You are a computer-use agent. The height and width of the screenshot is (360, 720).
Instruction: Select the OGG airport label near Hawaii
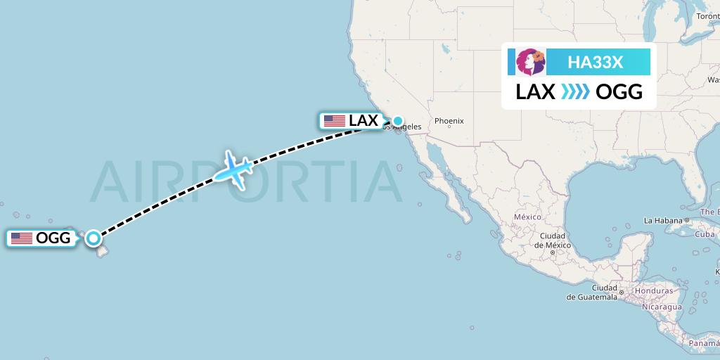point(41,238)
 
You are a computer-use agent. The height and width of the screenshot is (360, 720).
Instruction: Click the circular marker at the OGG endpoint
point(93,238)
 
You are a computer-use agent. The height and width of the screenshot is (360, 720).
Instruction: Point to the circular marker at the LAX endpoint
point(398,121)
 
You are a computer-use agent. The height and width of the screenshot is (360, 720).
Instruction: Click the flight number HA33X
point(595,63)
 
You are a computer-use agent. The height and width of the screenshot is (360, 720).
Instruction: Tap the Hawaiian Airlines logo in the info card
point(531,62)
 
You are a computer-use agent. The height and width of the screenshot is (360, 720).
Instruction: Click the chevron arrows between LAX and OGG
point(575,92)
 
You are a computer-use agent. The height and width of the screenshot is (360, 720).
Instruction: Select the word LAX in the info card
point(535,92)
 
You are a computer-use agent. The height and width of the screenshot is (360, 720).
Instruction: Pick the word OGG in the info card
point(619,92)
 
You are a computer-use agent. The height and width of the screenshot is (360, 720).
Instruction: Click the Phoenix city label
point(449,121)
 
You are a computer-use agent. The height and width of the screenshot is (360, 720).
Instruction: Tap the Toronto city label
point(707,16)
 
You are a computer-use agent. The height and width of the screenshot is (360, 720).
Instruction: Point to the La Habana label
point(663,220)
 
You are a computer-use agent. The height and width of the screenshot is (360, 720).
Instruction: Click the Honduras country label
point(654,290)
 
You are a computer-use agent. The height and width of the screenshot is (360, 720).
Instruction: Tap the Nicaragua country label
point(660,307)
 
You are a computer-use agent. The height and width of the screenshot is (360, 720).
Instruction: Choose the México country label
point(527,217)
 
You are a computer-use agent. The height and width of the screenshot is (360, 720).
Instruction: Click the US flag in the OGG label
point(22,238)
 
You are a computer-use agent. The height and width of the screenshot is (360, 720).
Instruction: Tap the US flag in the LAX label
point(335,120)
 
